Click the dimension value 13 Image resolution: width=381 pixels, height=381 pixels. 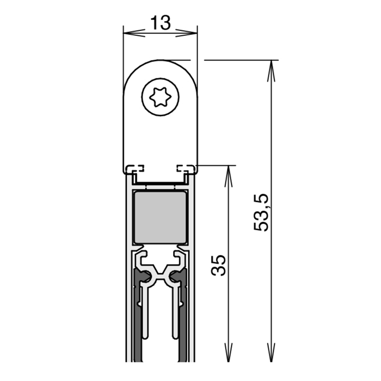click(x=161, y=22)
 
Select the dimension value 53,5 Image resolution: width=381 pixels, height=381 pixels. click(x=261, y=212)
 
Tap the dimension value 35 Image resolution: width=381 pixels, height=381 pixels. click(x=218, y=266)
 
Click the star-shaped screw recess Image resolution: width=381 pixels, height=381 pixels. click(x=161, y=97)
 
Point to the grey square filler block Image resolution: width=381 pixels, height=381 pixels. click(x=161, y=217)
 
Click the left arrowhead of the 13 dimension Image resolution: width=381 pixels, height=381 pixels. click(x=134, y=33)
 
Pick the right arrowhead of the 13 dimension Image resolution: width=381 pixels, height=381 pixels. click(x=186, y=33)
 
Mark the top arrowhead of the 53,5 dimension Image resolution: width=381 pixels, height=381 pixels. click(x=271, y=71)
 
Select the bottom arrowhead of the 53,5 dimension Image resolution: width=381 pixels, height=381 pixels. click(x=271, y=351)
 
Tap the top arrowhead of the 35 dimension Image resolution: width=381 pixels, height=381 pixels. click(x=229, y=176)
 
